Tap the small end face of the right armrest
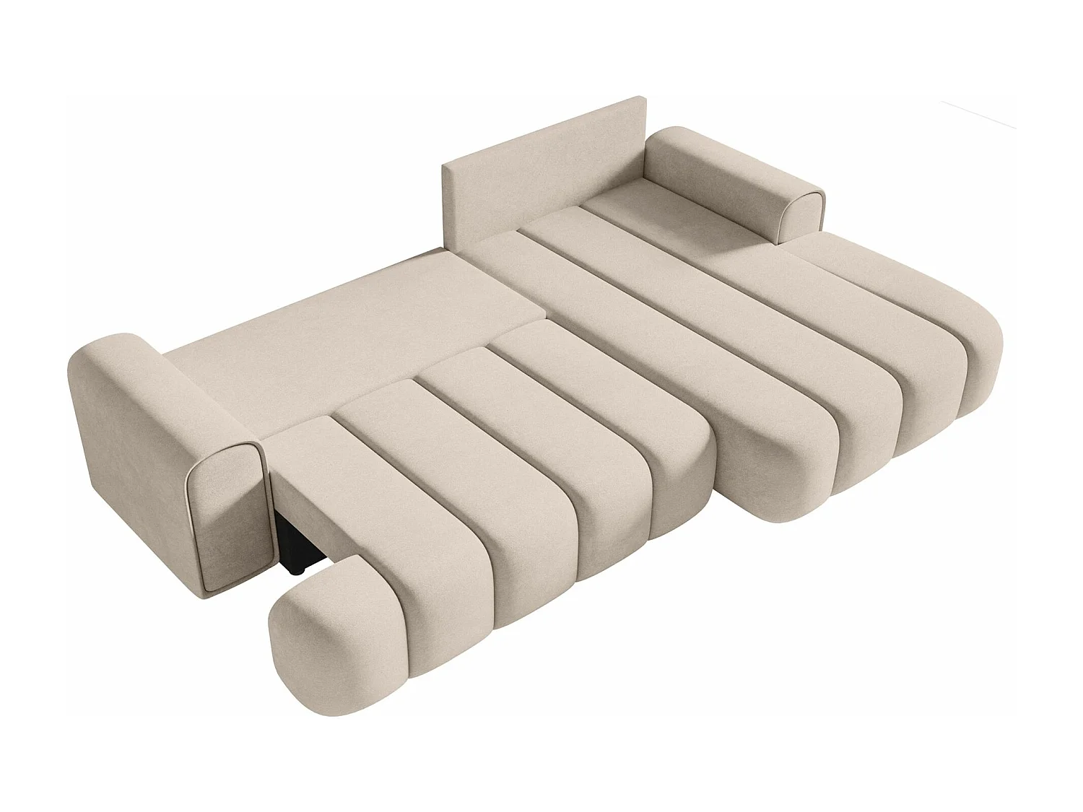click(x=803, y=217)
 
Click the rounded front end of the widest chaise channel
click(x=765, y=469)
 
